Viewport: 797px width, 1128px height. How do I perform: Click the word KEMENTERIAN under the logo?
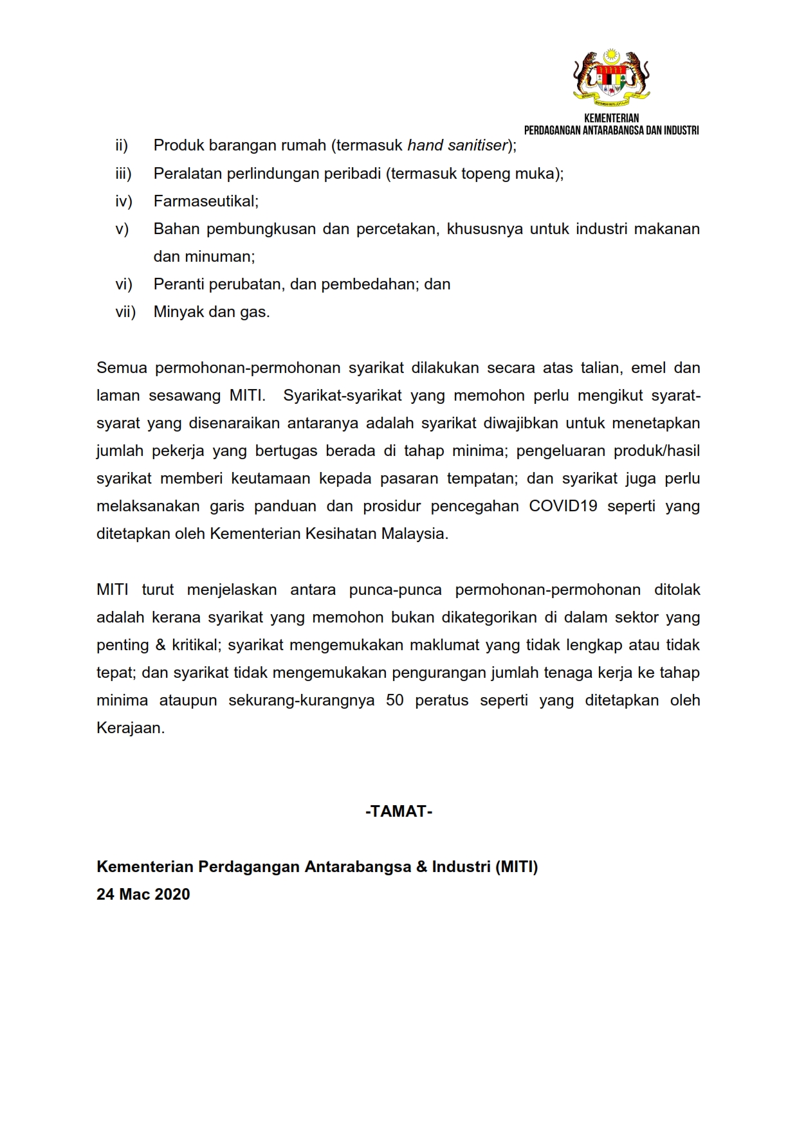[611, 118]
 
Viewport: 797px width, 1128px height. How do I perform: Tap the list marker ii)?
[122, 146]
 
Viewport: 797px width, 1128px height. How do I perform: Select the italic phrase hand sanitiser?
[457, 146]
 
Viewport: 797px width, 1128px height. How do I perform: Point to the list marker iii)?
[123, 174]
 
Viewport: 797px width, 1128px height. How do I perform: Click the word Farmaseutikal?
[205, 201]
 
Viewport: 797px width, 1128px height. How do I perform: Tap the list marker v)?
[122, 229]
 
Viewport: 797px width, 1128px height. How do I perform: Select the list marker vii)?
[125, 312]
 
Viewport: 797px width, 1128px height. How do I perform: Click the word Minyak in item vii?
[178, 312]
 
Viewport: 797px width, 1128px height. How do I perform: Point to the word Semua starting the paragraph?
[122, 368]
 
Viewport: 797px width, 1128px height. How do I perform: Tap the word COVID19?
[563, 506]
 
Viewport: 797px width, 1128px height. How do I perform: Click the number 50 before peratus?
[394, 700]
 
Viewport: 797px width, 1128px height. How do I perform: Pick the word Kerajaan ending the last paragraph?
[130, 728]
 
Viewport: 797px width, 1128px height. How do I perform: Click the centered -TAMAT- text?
[399, 812]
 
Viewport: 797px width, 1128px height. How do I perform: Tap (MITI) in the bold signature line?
[516, 867]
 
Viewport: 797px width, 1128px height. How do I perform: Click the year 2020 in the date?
[172, 895]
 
